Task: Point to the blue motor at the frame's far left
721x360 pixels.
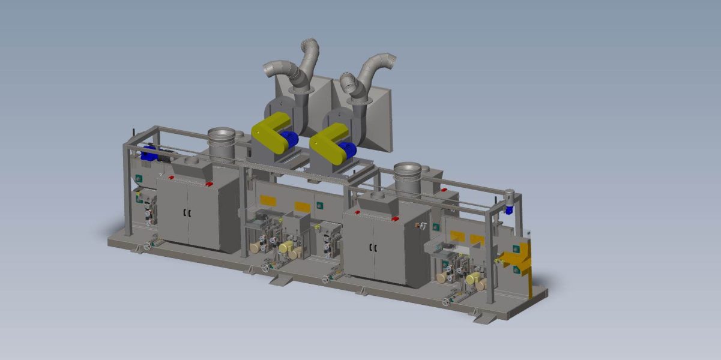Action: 148,154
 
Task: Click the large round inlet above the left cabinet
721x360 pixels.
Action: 220,135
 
